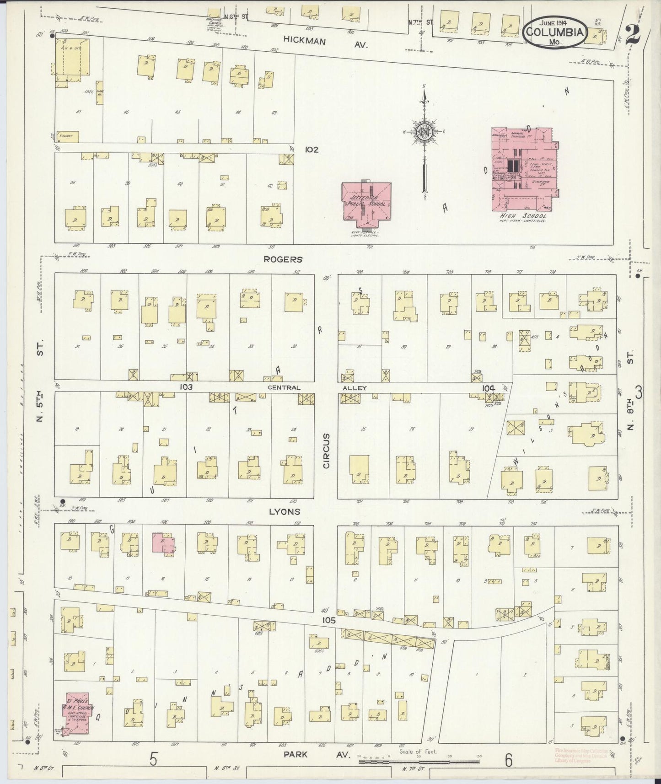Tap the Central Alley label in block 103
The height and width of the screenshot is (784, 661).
[316, 388]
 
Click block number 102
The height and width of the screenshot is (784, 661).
[312, 149]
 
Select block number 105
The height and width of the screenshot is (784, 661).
[328, 621]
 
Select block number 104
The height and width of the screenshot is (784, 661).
[488, 388]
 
